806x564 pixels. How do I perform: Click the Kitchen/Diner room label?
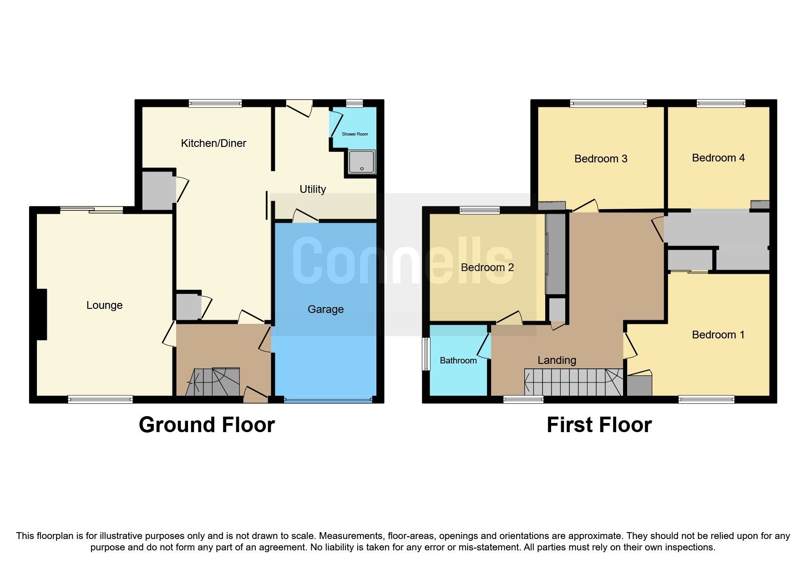[x=213, y=143]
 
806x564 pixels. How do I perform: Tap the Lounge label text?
[x=104, y=305]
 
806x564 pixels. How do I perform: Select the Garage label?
[x=325, y=309]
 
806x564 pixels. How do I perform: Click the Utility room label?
[x=313, y=189]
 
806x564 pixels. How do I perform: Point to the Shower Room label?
[x=355, y=134]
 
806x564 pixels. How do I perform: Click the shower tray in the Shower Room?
[x=362, y=162]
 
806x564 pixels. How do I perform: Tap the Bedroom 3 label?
[x=601, y=159]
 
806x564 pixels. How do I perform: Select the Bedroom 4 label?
[x=718, y=158]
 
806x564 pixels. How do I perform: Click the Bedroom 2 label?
[x=487, y=267]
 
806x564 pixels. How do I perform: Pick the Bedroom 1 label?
[x=718, y=335]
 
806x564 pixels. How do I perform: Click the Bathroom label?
[x=458, y=361]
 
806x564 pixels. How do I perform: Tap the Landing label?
[x=557, y=360]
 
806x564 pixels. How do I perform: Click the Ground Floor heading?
[x=207, y=425]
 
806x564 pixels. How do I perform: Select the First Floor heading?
[x=599, y=425]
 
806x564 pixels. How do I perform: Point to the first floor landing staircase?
[x=573, y=382]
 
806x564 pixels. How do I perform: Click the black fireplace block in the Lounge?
[x=41, y=314]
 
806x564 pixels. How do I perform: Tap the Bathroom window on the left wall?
[x=426, y=354]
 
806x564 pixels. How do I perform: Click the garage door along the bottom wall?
[x=328, y=400]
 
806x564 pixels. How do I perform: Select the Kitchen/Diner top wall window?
[x=215, y=104]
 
